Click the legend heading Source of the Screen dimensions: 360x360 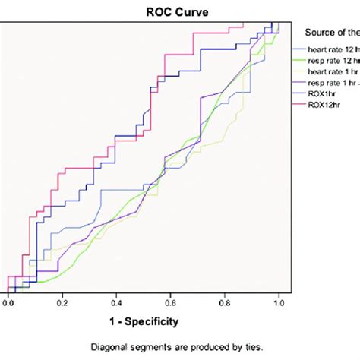pos(331,32)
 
